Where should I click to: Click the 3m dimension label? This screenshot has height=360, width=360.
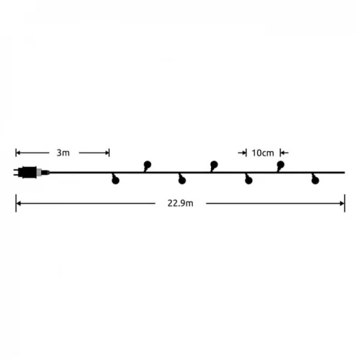63,153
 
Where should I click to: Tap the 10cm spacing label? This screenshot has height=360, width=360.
263,153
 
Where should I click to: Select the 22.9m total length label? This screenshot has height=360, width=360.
180,203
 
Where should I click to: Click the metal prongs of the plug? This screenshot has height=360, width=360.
17,172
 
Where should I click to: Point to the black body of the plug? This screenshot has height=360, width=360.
29,172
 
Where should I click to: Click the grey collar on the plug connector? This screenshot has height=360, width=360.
39,172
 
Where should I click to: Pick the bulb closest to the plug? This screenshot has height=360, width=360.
115,179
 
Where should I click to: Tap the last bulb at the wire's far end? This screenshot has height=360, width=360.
315,179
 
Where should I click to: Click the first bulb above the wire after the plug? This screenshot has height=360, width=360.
147,166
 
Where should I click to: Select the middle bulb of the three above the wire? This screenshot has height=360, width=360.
214,166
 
